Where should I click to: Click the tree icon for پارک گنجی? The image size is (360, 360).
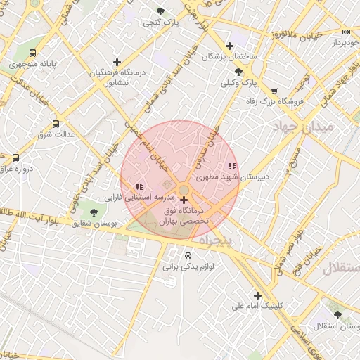click(161, 11)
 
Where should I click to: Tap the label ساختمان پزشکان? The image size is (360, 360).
click(230, 56)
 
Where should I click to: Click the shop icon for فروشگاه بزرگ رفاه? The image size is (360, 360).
click(274, 91)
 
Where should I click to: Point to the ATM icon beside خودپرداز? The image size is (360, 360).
click(346, 32)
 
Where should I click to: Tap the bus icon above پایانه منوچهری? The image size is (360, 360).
click(33, 53)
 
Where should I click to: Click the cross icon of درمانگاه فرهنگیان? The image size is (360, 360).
click(117, 62)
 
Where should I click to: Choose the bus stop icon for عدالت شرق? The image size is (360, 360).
click(56, 124)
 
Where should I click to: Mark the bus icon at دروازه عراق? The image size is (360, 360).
click(16, 157)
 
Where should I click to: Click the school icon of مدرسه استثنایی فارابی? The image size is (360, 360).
click(139, 186)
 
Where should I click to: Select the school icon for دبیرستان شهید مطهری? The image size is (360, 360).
click(232, 167)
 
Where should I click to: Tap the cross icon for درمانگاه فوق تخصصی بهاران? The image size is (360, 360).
click(184, 200)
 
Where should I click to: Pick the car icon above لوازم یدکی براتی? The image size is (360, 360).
click(188, 255)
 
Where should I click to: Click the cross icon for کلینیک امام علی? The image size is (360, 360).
click(257, 295)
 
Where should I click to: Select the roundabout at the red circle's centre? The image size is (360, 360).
click(183, 191)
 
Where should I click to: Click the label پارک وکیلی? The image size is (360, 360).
click(239, 84)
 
